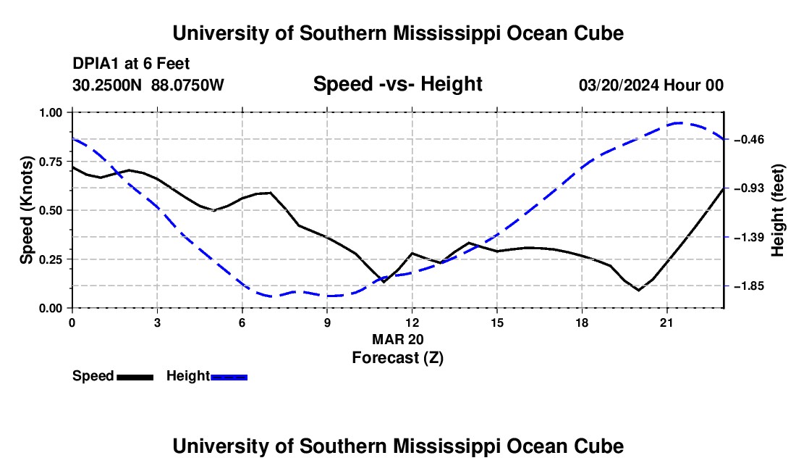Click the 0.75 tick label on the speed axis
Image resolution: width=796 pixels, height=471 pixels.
point(50,162)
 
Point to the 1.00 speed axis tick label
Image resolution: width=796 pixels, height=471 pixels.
point(50,112)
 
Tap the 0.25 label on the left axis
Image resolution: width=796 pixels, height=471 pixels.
point(50,259)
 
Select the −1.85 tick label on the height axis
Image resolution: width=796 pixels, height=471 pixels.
point(748,286)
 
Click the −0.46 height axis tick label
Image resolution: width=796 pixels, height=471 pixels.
point(748,139)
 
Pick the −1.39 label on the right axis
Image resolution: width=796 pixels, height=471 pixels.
point(748,237)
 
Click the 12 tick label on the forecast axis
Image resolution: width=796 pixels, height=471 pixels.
point(412,322)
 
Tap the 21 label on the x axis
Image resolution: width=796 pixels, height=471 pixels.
point(666,322)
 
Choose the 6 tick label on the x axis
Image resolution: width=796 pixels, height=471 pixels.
point(242,322)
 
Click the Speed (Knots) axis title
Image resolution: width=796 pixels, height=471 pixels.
point(26,210)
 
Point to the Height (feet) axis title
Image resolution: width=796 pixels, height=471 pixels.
point(778,210)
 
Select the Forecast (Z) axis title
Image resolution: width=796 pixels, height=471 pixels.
point(398,358)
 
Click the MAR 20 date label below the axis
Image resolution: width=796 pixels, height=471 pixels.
point(398,339)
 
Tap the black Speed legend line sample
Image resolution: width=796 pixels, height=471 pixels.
point(135,377)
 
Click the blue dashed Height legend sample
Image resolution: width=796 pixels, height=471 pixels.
point(229,377)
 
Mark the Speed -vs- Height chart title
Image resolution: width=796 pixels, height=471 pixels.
point(398,84)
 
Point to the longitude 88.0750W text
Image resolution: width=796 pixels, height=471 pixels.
point(187,85)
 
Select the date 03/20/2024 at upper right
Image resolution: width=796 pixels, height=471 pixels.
point(619,85)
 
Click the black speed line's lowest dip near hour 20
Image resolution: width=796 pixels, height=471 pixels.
point(639,290)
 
